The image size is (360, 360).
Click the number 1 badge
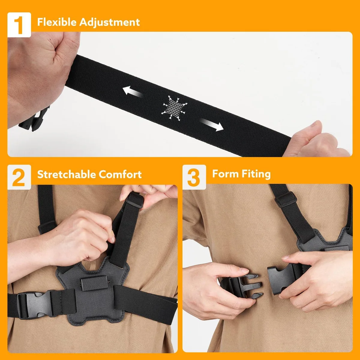[19, 25]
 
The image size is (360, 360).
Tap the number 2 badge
[19, 177]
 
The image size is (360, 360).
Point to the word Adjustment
[109, 22]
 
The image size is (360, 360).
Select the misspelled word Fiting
[256, 174]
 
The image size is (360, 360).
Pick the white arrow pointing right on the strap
[212, 124]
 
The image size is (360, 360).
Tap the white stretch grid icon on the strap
[174, 108]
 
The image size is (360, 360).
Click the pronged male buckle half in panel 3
[243, 286]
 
